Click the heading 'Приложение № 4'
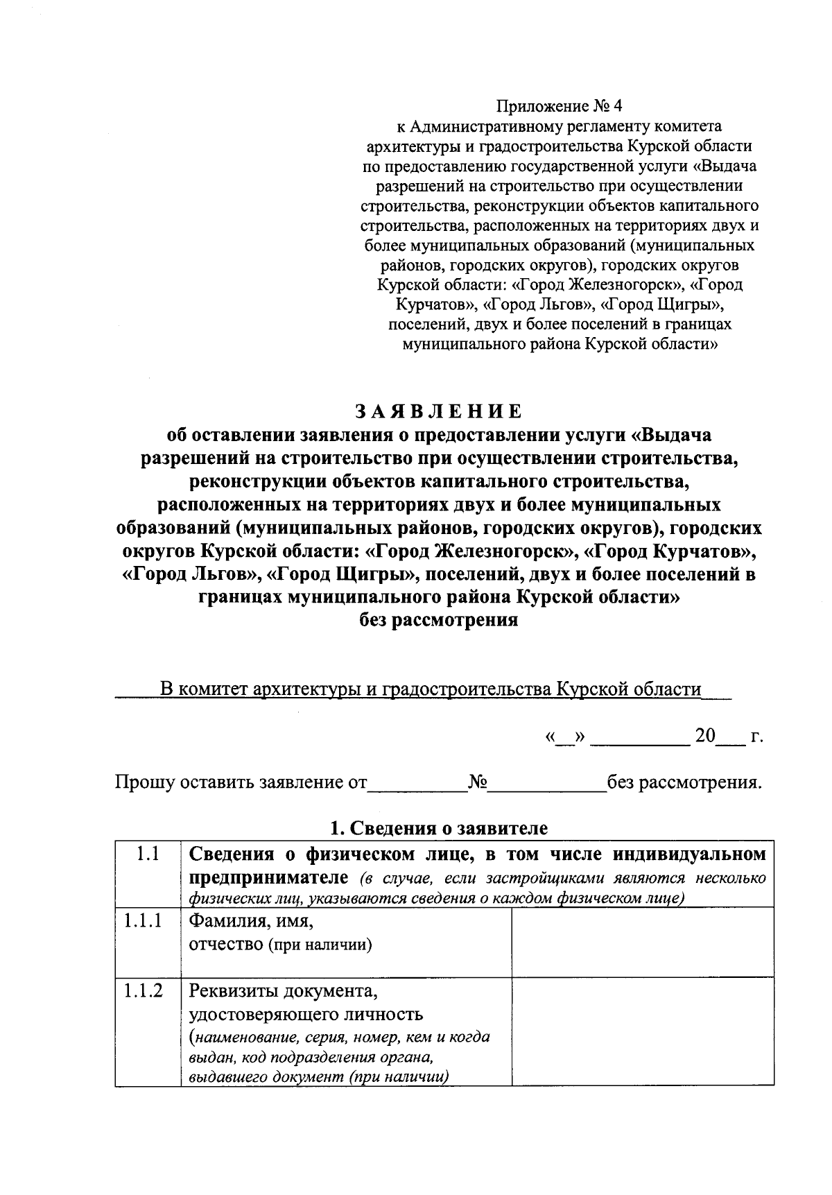[x=560, y=106]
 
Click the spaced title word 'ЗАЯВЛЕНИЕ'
[x=438, y=411]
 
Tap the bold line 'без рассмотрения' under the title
[x=438, y=619]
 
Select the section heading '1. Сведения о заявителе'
[x=438, y=827]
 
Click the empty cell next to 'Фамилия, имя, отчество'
[x=642, y=941]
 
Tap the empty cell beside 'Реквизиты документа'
[x=642, y=1031]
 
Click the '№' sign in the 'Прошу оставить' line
[x=478, y=783]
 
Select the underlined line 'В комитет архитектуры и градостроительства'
[x=430, y=689]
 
